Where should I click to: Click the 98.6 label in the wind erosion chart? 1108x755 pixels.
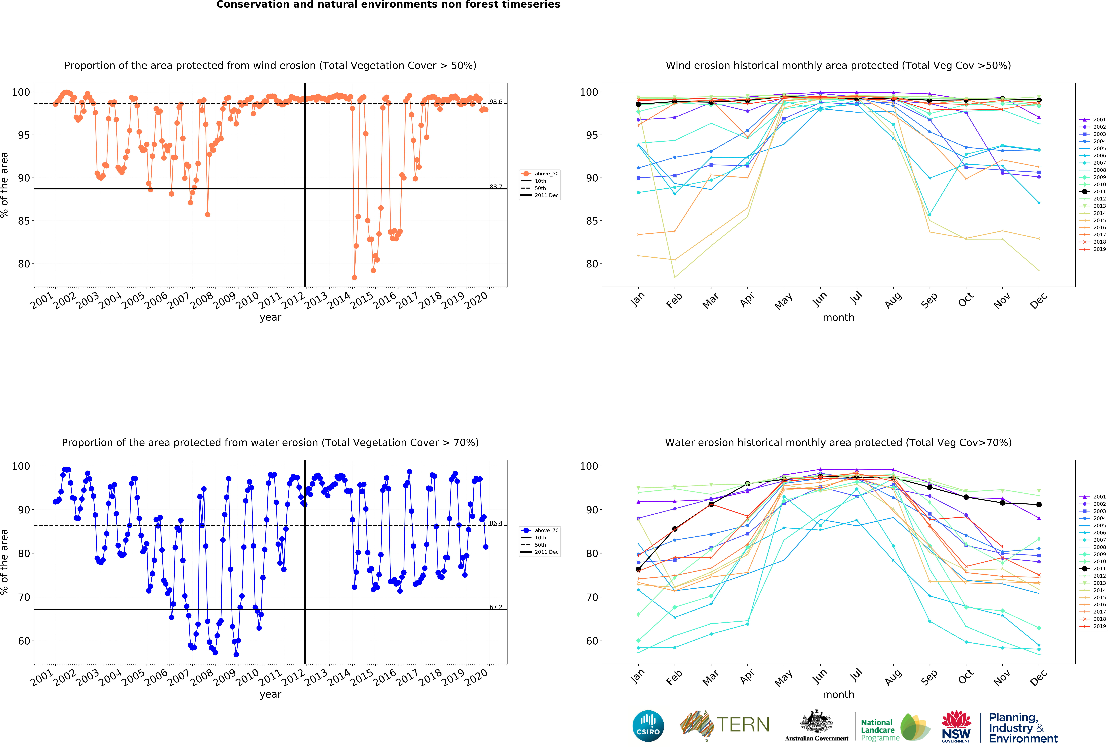[495, 102]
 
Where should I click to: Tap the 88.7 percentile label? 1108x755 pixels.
[495, 187]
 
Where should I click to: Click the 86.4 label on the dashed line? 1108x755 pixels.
[495, 523]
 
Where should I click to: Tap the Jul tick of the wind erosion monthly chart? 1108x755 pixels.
[856, 298]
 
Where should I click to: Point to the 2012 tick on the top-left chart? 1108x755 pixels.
[293, 300]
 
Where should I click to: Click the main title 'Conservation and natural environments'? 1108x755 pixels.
[388, 5]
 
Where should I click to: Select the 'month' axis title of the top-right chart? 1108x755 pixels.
[838, 317]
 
